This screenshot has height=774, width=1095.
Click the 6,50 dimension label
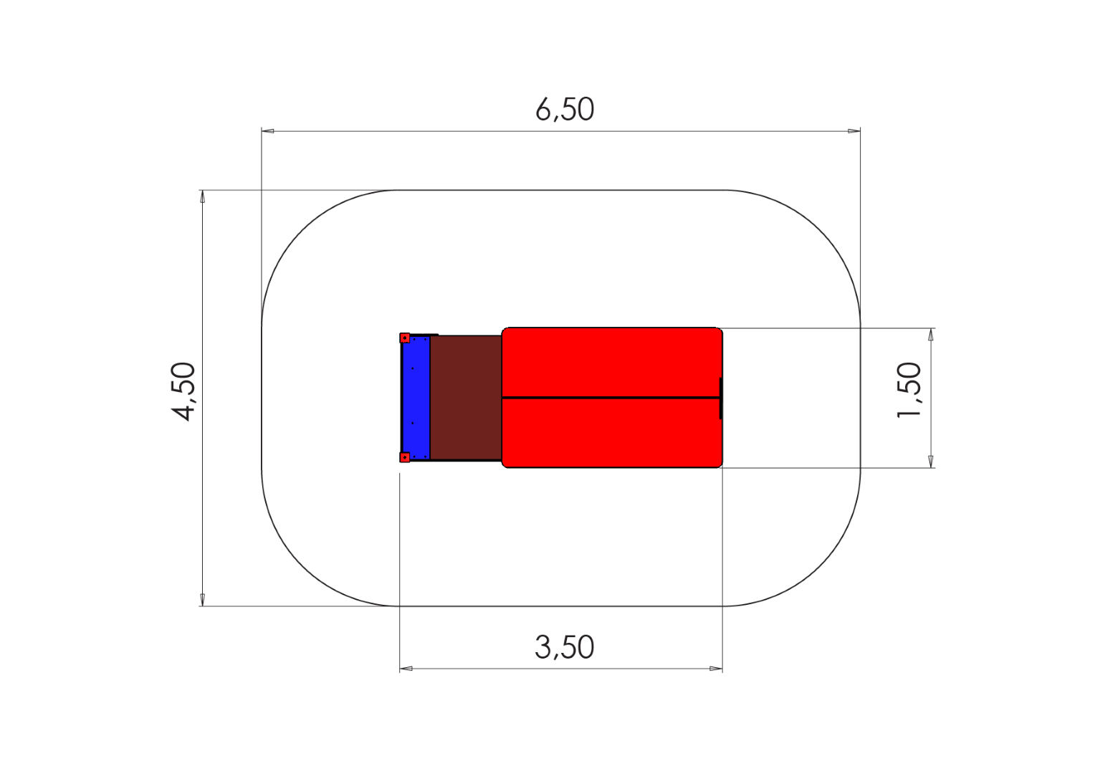565,110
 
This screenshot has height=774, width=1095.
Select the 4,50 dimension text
183,391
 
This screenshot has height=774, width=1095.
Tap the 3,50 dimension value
565,647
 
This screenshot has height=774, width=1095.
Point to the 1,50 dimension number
909,390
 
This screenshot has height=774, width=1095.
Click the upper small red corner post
405,338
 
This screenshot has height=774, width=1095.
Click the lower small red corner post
405,457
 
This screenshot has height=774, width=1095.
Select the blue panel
416,398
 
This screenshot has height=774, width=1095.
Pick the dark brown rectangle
466,398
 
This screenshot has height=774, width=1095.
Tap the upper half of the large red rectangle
611,363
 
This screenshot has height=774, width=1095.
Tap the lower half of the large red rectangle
611,433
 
